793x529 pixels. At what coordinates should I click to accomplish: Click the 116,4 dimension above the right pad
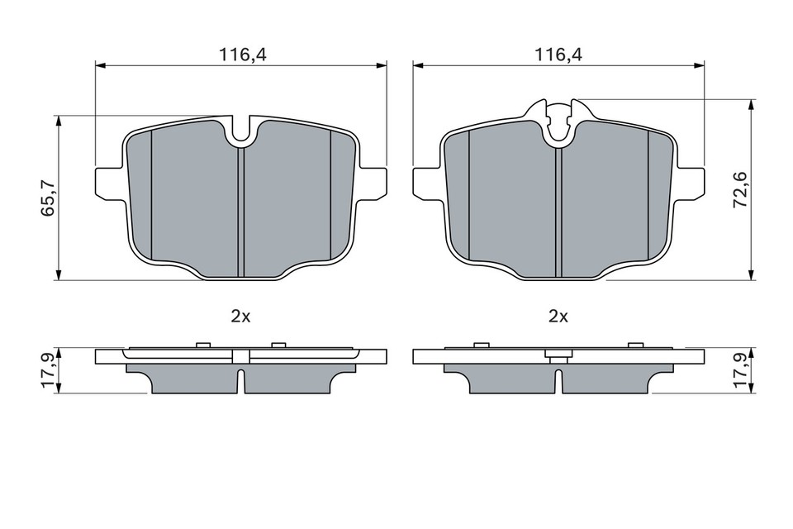[x=558, y=55]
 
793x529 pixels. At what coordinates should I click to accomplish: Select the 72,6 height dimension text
[x=739, y=189]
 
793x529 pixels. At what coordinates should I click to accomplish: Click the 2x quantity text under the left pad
[x=240, y=316]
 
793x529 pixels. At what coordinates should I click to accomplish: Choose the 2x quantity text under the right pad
[x=558, y=316]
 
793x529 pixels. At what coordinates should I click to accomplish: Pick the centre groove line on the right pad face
[x=558, y=211]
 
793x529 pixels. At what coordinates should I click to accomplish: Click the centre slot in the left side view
[x=240, y=382]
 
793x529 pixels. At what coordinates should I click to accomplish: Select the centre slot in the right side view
[x=559, y=382]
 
